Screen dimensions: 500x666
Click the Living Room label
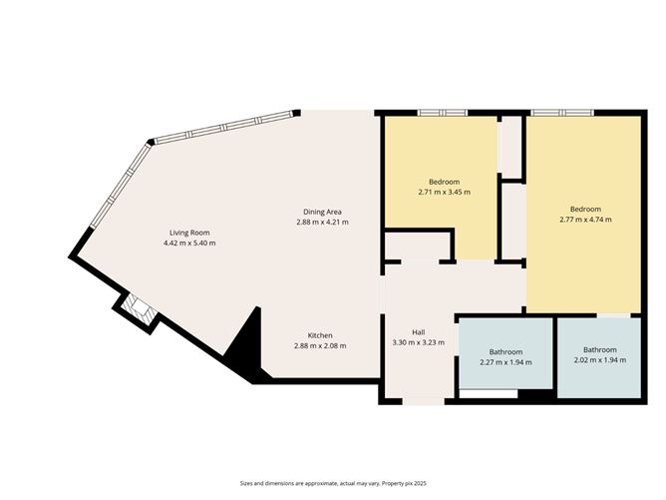pos(188,232)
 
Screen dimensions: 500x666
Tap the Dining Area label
pos(322,211)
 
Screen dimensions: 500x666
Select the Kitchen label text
pos(320,335)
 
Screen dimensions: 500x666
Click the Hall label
pos(420,332)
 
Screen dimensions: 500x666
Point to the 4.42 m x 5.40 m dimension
pos(188,243)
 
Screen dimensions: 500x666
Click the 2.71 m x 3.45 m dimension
pos(444,192)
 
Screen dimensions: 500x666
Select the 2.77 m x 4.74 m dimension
pos(585,220)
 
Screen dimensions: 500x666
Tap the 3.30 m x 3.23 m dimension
pos(420,343)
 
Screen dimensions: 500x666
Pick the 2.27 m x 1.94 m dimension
pos(505,361)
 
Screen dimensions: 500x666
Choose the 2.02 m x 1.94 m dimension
pos(599,360)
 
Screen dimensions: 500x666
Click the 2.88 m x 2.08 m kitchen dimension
pos(320,346)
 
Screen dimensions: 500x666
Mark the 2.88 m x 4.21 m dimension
pos(322,222)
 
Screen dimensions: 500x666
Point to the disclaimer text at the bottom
pos(333,483)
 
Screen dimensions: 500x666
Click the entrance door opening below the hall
pos(426,401)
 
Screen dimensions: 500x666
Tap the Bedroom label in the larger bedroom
pos(585,209)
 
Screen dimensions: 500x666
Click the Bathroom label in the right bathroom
pos(599,349)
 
